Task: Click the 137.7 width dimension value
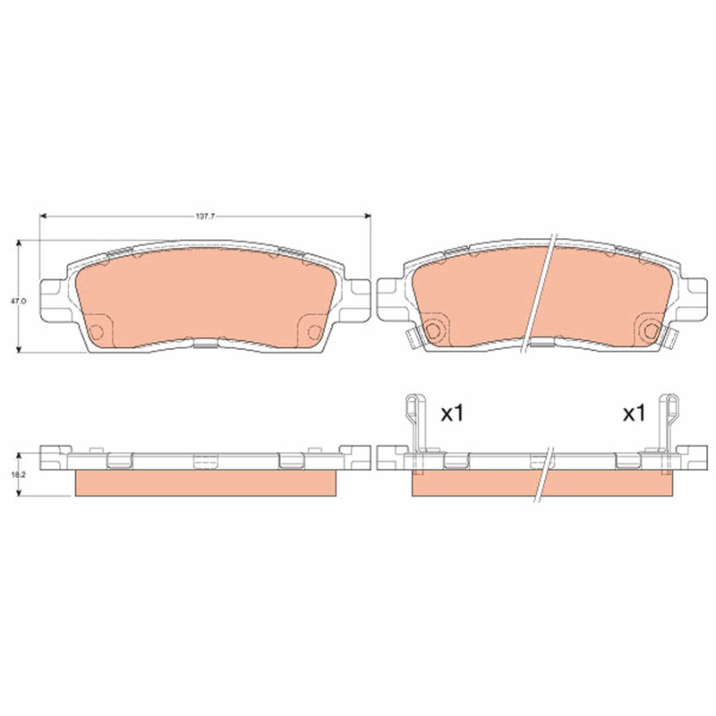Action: point(205,217)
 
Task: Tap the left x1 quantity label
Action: point(452,413)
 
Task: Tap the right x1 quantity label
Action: point(635,413)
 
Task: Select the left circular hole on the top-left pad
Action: point(97,332)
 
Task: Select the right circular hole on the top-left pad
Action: point(314,332)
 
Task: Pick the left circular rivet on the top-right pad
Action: point(432,330)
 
